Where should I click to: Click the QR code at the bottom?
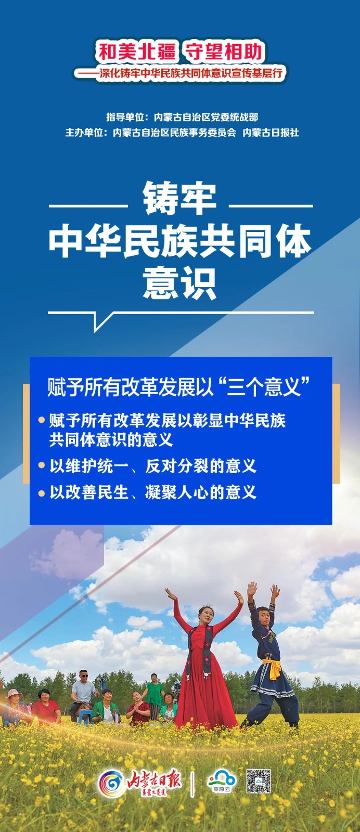259,781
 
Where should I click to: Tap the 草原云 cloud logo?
222,781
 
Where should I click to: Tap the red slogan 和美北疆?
137,51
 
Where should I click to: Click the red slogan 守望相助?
224,51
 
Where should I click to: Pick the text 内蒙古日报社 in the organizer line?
271,133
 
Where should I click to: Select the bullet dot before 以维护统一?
42,465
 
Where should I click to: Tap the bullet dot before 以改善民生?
42,493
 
